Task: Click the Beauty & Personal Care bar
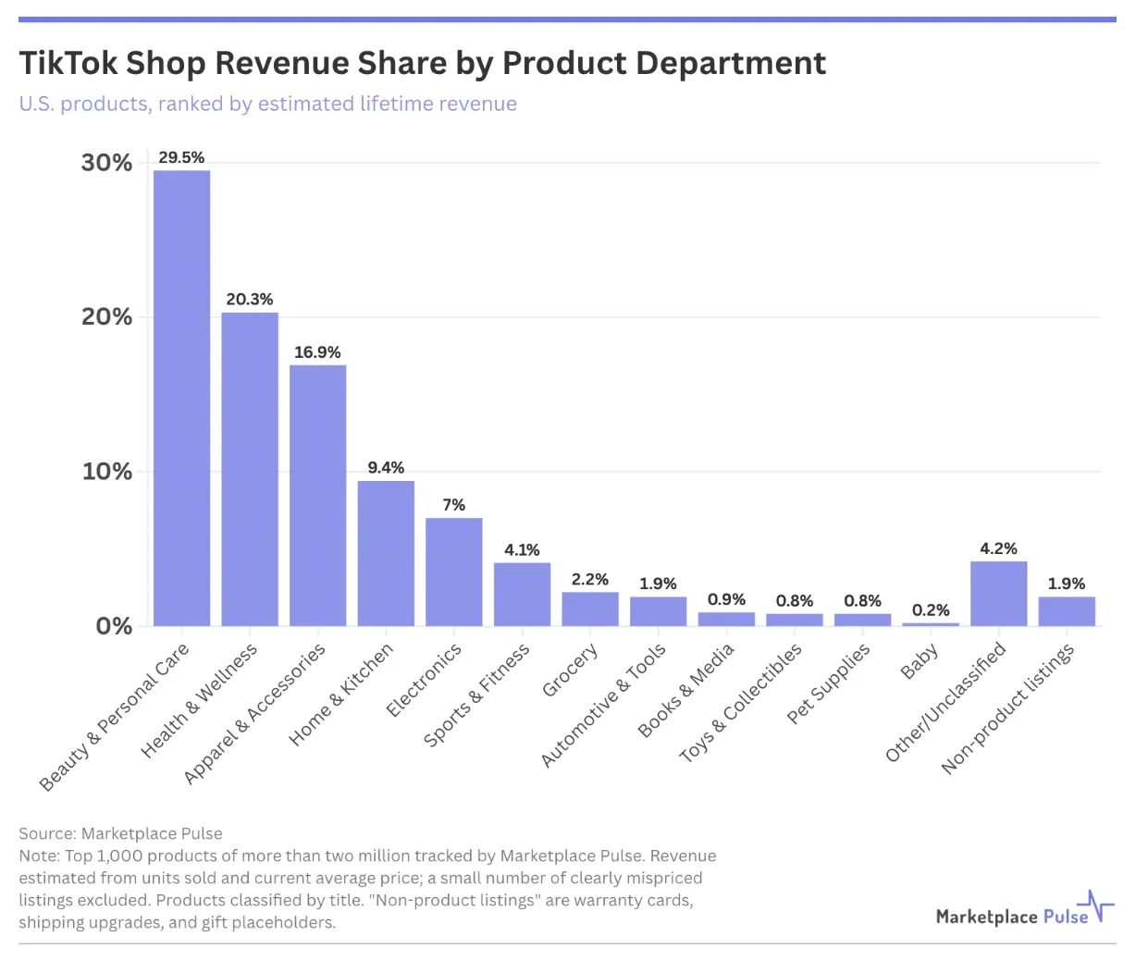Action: (x=181, y=398)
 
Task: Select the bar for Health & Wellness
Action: (x=250, y=469)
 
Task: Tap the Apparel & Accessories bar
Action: (x=317, y=495)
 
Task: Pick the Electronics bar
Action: (x=454, y=572)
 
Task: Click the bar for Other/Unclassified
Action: (x=998, y=594)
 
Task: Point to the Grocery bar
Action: (x=589, y=609)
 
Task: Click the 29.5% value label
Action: (x=181, y=158)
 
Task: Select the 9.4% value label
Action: (x=386, y=468)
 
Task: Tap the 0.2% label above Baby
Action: (x=931, y=610)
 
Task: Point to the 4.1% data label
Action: (x=522, y=550)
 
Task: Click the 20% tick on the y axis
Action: (x=107, y=317)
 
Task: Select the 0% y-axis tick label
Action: (x=115, y=626)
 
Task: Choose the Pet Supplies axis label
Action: (x=828, y=683)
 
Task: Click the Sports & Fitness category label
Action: (x=476, y=695)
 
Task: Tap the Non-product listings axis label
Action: (x=1007, y=708)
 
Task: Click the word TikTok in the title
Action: (x=68, y=63)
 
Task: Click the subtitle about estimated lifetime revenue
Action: (x=267, y=104)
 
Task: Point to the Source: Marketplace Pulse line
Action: (x=120, y=833)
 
